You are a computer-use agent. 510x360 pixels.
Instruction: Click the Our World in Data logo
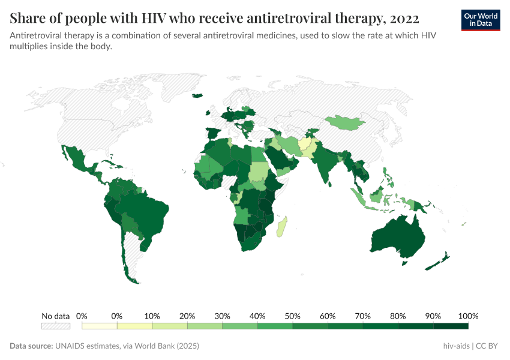click(x=480, y=20)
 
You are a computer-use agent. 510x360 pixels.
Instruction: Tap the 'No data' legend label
click(x=55, y=316)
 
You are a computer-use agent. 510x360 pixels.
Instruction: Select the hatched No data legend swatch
click(x=55, y=326)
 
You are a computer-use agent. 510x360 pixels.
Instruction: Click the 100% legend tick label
click(x=468, y=316)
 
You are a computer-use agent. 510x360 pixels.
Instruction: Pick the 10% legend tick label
click(x=152, y=316)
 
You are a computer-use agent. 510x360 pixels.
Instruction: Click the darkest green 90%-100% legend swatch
click(x=451, y=326)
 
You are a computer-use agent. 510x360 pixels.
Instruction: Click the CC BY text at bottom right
click(x=489, y=346)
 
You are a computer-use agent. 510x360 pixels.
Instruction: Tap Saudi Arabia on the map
click(x=279, y=160)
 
